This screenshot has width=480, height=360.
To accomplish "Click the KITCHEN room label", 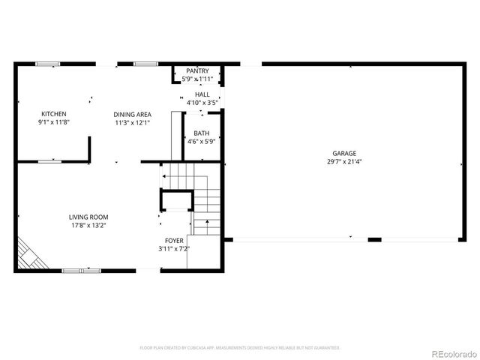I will [x=54, y=114].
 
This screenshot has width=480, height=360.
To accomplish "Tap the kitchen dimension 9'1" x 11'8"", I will [x=54, y=122].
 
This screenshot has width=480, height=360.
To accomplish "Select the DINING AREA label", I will [x=132, y=114].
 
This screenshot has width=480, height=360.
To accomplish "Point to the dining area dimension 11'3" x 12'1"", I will [x=132, y=122].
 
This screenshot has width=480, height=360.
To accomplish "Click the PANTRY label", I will [x=197, y=70].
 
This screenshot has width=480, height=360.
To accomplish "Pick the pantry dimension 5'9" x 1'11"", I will [x=197, y=79].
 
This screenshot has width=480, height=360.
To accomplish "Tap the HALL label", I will [x=202, y=94].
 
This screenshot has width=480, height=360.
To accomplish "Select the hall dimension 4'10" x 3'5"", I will [x=202, y=102].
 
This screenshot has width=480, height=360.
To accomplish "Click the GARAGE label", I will [x=345, y=153].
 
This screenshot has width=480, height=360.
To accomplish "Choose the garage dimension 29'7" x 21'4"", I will [x=345, y=161].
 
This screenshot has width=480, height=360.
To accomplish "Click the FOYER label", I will [x=174, y=240].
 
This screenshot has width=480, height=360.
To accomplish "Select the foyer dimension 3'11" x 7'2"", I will [x=174, y=248].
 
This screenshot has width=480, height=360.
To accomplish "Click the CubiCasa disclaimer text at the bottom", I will [x=240, y=348].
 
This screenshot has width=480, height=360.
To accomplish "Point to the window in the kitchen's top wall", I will [x=48, y=64].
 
